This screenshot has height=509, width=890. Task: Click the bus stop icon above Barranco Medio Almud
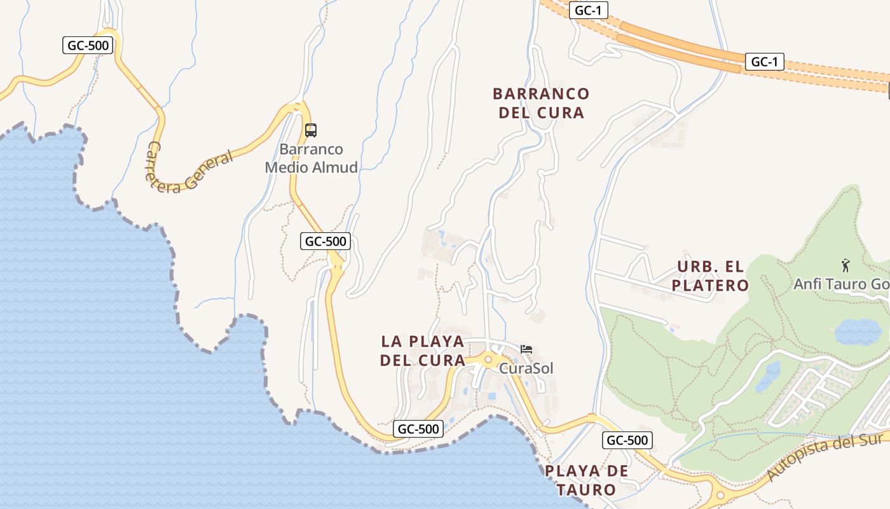point(311,130)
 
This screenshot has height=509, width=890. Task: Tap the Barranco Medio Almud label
point(311,158)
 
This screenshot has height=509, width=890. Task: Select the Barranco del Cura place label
point(541,103)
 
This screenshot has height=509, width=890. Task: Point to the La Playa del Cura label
point(423,351)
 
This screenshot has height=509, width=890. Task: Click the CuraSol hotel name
point(526,368)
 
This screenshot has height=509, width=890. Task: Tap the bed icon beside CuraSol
point(526,349)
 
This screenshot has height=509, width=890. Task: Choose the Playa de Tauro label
point(586,480)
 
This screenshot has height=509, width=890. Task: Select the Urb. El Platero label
point(710,276)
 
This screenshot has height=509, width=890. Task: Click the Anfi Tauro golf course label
point(840,284)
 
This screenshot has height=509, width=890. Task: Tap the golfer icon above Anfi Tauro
point(845,265)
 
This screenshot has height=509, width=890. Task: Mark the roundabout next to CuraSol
point(488,360)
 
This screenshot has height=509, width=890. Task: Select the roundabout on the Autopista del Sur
point(720,495)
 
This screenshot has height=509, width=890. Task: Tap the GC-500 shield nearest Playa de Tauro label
point(627,440)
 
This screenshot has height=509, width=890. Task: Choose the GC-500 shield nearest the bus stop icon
point(325,241)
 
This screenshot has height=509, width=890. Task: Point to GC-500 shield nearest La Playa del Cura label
point(418,429)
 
